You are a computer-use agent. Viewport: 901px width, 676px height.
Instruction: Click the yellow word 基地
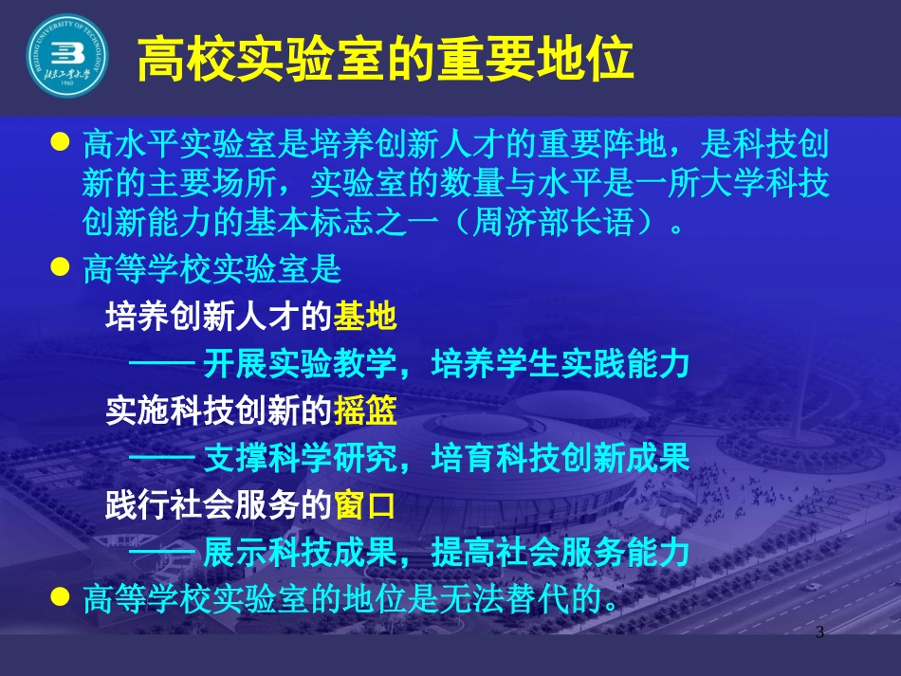pyautogui.click(x=365, y=318)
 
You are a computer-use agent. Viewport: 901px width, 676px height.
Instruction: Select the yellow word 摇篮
pyautogui.click(x=365, y=411)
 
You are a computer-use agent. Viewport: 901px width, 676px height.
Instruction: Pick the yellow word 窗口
pyautogui.click(x=365, y=505)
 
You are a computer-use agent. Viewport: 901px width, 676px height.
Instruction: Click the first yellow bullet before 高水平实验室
pyautogui.click(x=60, y=142)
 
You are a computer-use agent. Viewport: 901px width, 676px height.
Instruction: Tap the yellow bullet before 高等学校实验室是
pyautogui.click(x=60, y=269)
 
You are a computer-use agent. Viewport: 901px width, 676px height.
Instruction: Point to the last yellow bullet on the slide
pyautogui.click(x=60, y=597)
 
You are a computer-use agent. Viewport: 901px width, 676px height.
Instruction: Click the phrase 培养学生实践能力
pyautogui.click(x=560, y=365)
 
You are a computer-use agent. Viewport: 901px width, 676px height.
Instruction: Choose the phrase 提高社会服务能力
pyautogui.click(x=560, y=552)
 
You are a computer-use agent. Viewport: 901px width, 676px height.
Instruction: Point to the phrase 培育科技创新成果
pyautogui.click(x=560, y=459)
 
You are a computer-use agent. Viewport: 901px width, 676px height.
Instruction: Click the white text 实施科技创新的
pyautogui.click(x=218, y=411)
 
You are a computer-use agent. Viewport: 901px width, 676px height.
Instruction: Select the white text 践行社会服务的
pyautogui.click(x=218, y=505)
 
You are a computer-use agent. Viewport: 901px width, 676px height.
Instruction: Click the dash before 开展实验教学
pyautogui.click(x=161, y=365)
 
